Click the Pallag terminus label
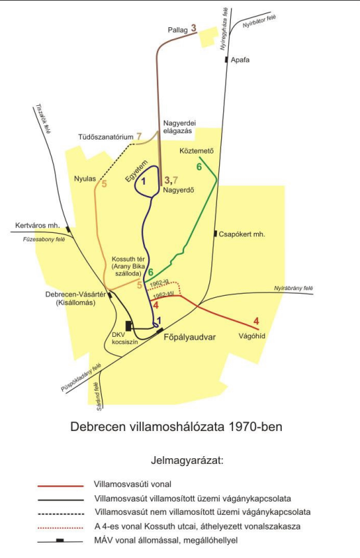pos(178,30)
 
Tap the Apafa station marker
pos(227,60)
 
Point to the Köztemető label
pos(197,151)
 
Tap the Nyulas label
pos(85,179)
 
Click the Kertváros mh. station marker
pos(68,229)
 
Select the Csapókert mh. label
pos(242,234)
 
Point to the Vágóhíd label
pos(252,336)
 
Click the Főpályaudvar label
pos(190,337)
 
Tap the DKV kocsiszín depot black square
pos(128,326)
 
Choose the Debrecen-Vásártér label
pos(75,294)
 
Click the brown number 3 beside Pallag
pos(193,28)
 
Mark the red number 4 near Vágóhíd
pos(256,322)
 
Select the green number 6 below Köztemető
pos(199,167)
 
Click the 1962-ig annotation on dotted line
pos(159,283)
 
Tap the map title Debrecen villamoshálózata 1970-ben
pos(177,426)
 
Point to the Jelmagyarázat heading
pos(187,460)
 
